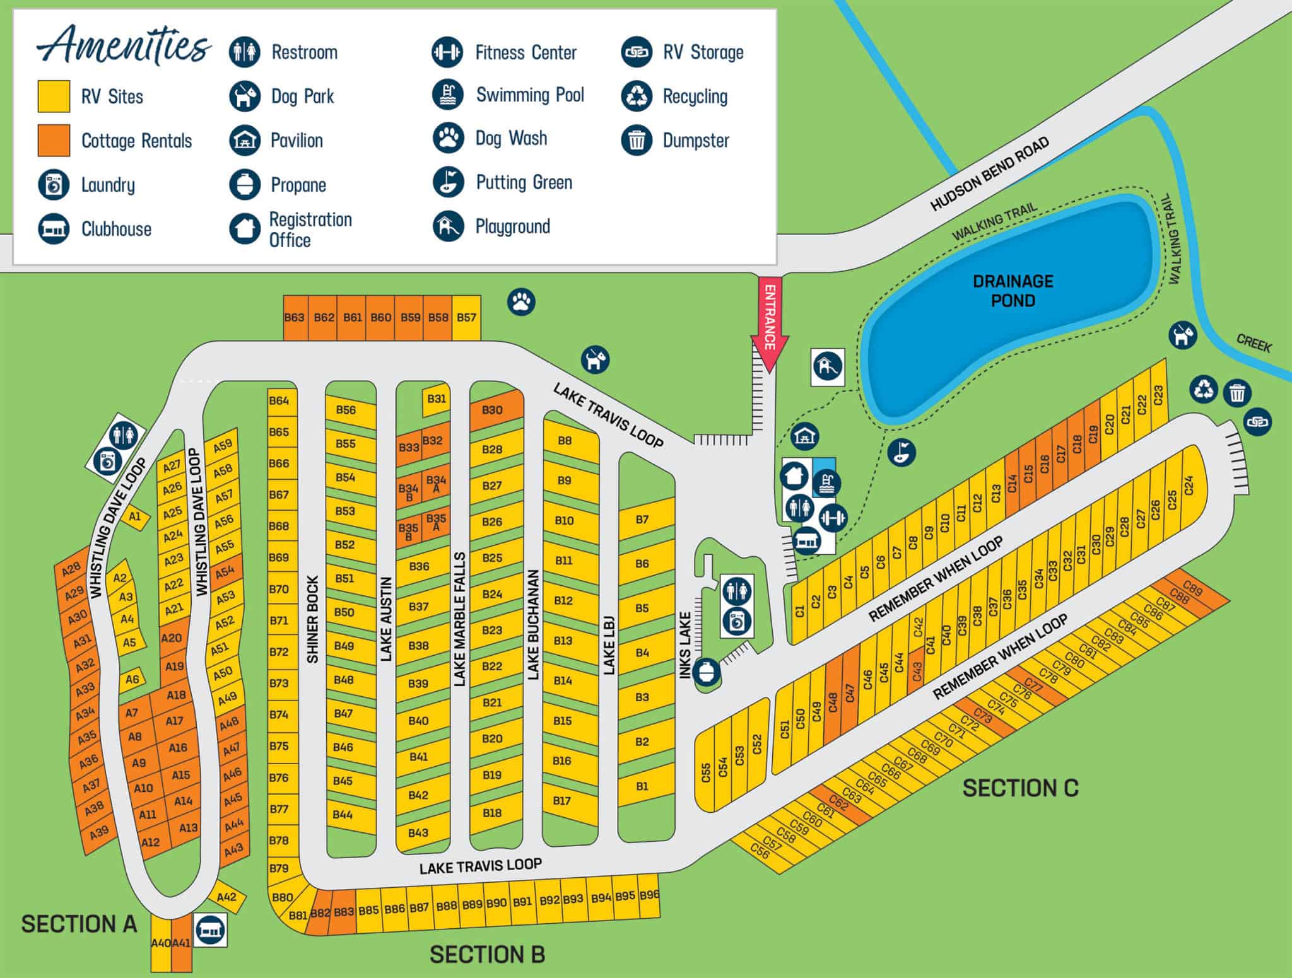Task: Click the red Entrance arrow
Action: (x=770, y=325)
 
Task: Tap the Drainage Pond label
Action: (x=1013, y=291)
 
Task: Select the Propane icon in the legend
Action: (x=244, y=185)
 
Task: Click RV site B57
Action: (x=466, y=317)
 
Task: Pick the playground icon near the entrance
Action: (x=827, y=365)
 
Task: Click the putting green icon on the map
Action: (x=901, y=451)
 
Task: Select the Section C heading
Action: (x=1020, y=788)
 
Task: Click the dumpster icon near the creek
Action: (x=1237, y=393)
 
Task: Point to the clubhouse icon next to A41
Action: (x=210, y=929)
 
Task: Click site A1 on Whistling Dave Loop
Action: (x=135, y=517)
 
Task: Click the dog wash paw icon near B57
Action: (x=521, y=301)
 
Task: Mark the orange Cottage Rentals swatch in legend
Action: (x=54, y=140)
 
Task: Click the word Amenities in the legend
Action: (x=124, y=45)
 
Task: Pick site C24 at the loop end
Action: (x=1189, y=486)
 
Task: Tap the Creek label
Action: (x=1254, y=344)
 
